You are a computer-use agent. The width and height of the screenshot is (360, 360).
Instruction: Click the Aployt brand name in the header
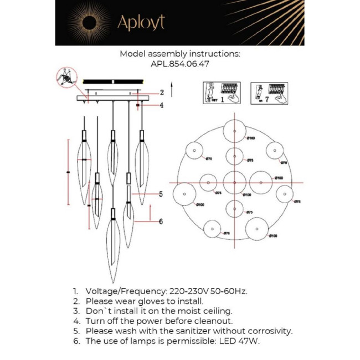point(141,23)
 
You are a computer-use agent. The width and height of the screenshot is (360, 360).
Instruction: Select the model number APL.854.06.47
point(179,64)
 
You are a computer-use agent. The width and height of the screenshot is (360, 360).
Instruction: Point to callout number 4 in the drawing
point(162,105)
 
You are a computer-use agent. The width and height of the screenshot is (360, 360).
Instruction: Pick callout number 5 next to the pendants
point(161,194)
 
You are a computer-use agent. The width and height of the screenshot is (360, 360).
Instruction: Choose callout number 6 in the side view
point(161,222)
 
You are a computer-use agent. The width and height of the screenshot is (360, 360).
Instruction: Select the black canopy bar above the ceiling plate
point(114,81)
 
